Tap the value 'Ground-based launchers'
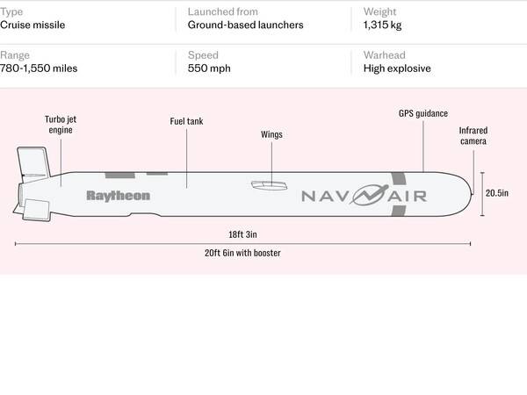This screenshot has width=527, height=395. point(245,25)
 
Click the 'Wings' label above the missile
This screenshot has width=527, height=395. point(272,135)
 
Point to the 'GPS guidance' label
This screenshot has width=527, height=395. point(423,114)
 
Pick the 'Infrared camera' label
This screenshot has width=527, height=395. point(473,135)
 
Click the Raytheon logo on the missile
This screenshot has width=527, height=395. point(118,196)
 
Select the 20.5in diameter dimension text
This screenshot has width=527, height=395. point(499,193)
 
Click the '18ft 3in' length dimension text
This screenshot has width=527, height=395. point(242,234)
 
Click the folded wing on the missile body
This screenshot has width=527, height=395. point(270,184)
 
